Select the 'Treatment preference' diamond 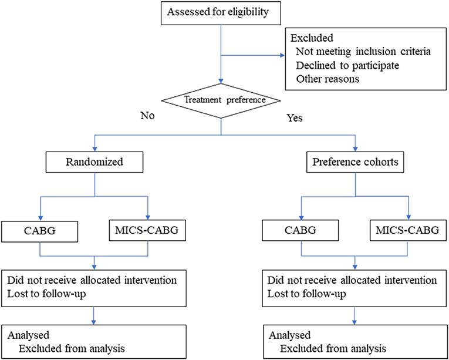pyautogui.click(x=221, y=99)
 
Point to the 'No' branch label pyautogui.click(x=148, y=115)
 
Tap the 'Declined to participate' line pyautogui.click(x=346, y=65)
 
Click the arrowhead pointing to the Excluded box pyautogui.click(x=281, y=57)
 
